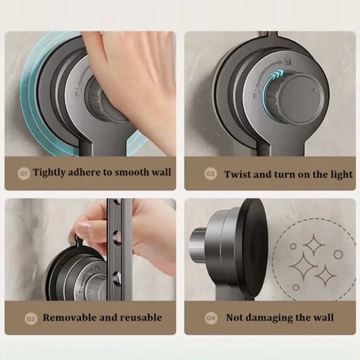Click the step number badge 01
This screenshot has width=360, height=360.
tap(23, 173)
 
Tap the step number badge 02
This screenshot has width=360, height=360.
tap(211, 174)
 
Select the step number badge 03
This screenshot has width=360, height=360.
tap(31, 319)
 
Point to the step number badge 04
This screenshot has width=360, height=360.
tap(211, 318)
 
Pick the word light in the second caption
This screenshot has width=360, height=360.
tap(341, 175)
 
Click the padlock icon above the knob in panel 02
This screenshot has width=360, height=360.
tap(287, 61)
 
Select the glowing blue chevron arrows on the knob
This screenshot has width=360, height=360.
tap(278, 75)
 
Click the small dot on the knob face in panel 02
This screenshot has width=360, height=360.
tap(314, 91)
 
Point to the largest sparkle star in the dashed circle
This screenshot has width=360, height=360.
tap(303, 266)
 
